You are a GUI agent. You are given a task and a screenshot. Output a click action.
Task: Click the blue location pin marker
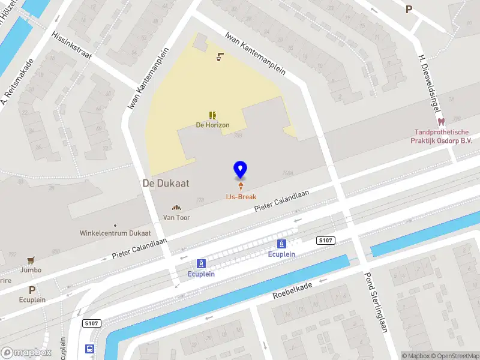[x=240, y=169]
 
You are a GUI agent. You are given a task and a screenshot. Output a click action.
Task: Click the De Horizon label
[x=212, y=125]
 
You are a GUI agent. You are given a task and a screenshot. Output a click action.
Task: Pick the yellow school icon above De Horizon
[x=212, y=115]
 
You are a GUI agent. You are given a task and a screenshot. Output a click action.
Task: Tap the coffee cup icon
[x=220, y=58]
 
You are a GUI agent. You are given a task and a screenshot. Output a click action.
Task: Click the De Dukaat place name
[x=166, y=184]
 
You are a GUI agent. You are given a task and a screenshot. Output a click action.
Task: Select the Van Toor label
[x=177, y=218]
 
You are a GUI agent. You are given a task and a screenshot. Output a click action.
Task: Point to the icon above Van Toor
[x=177, y=208]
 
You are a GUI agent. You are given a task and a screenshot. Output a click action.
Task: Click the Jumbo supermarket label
[x=30, y=270]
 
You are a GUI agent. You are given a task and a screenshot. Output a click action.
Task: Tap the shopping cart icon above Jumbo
[x=30, y=260]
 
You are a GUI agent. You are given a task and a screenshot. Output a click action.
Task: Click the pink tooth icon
[x=441, y=122]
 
